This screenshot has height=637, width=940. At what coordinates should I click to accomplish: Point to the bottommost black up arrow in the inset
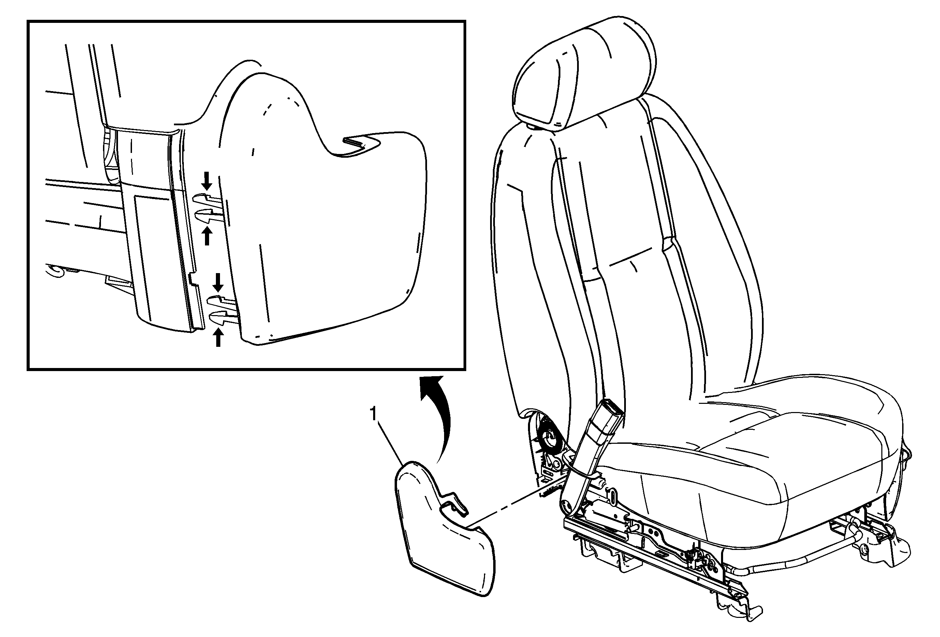[218, 337]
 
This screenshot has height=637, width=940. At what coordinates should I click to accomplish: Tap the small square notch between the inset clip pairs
[194, 280]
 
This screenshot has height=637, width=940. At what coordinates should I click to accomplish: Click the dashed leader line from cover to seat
[511, 506]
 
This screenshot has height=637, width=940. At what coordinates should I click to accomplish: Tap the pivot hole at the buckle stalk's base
[567, 506]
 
